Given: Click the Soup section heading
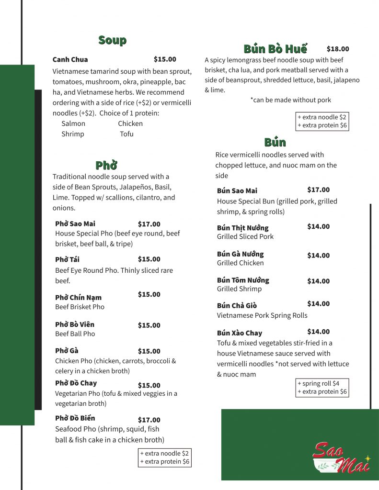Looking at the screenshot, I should click(112, 40).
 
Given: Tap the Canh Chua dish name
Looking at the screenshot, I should click(70, 60).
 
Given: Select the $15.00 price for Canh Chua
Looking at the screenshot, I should click(165, 59).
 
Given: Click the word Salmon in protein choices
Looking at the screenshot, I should click(73, 123).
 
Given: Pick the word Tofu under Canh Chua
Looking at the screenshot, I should click(127, 134).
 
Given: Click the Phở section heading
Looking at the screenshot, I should click(106, 166).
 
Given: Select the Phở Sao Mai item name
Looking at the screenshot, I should click(75, 224).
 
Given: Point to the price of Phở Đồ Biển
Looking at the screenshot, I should click(149, 420).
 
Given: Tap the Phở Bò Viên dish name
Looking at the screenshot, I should click(75, 324).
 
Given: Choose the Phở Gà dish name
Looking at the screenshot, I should click(67, 351).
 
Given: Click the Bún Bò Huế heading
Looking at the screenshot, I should click(275, 49).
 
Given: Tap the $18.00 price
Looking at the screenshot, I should click(338, 49).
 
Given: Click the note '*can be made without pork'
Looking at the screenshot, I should click(290, 100).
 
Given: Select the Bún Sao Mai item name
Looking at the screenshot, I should click(237, 191).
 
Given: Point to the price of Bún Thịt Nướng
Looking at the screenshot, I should click(318, 227).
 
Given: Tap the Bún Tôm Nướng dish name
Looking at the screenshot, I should click(243, 280).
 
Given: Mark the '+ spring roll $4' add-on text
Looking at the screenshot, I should click(319, 384).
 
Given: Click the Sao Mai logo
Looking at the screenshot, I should click(341, 458).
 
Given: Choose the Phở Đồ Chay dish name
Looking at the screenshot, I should click(76, 383).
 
